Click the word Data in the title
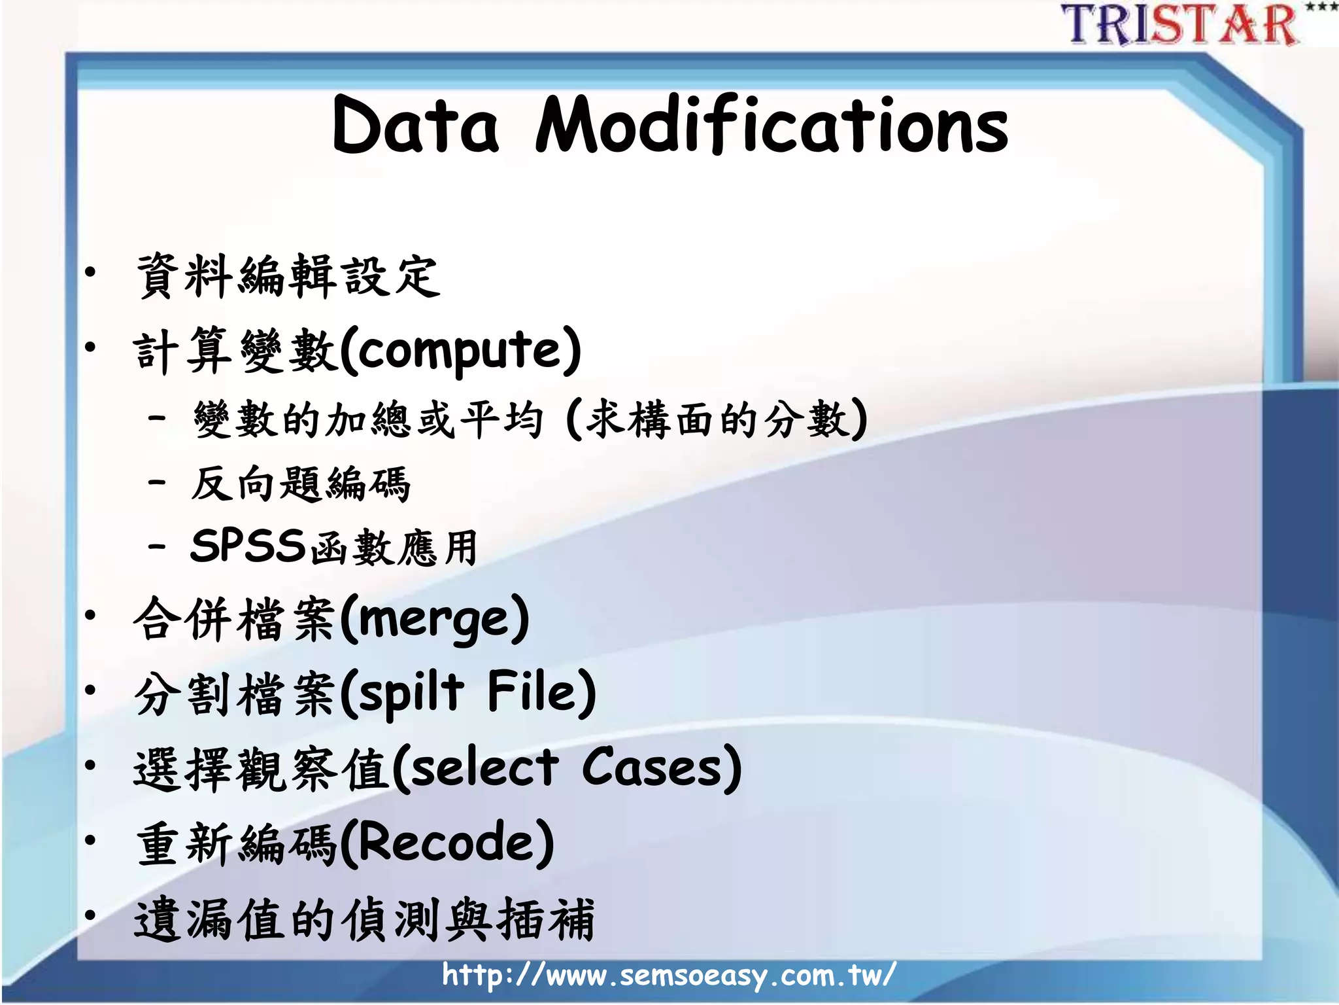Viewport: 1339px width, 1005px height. click(416, 126)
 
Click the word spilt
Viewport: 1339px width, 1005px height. click(412, 694)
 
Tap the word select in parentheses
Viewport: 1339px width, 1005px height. click(484, 768)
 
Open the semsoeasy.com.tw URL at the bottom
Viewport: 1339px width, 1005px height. click(668, 976)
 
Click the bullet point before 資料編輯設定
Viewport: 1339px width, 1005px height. click(90, 272)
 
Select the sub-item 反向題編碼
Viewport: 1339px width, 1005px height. click(300, 484)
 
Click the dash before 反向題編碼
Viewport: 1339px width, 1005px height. click(157, 483)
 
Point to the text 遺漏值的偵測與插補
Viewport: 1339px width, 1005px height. click(364, 920)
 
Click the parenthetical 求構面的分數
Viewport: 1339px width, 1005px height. click(717, 419)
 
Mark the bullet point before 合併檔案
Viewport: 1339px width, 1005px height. click(90, 614)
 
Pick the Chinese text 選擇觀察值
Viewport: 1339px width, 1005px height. click(262, 769)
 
